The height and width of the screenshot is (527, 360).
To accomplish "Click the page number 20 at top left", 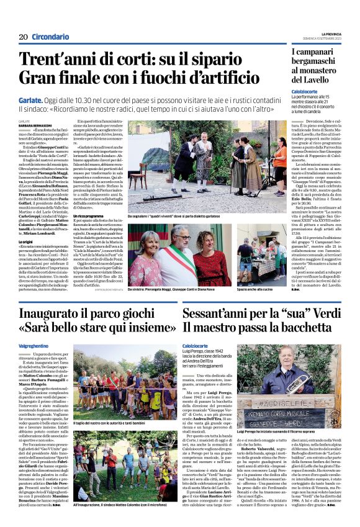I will coord(23,37).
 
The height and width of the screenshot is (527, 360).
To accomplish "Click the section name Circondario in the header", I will coord(50,37).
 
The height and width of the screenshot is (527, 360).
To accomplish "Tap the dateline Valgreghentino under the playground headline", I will coord(35,345).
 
